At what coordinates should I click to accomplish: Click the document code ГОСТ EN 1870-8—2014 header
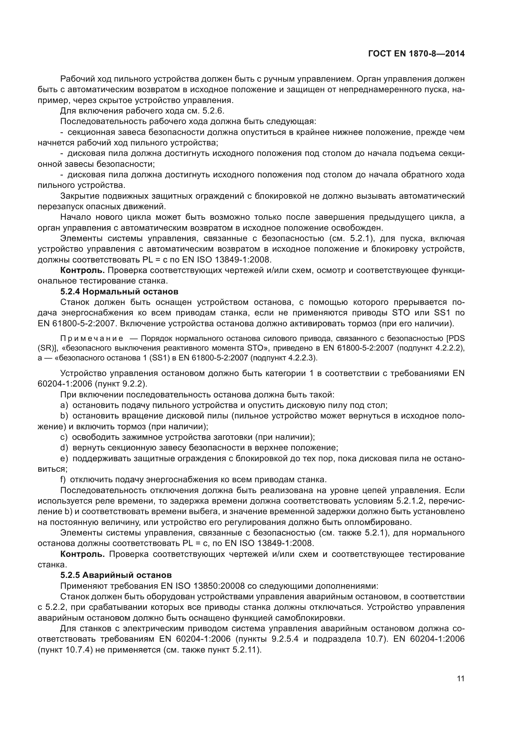pyautogui.click(x=416, y=54)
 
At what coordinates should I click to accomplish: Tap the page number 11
pyautogui.click(x=460, y=679)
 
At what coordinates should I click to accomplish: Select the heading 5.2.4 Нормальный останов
pyautogui.click(x=119, y=291)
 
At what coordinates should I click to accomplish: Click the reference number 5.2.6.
pyautogui.click(x=213, y=111)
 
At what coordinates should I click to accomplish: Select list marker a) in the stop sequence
pyautogui.click(x=64, y=405)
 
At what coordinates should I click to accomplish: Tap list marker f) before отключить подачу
pyautogui.click(x=63, y=479)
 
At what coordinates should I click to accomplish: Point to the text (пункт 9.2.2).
pyautogui.click(x=121, y=384)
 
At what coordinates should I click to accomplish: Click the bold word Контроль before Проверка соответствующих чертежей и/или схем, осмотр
pyautogui.click(x=82, y=270)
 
